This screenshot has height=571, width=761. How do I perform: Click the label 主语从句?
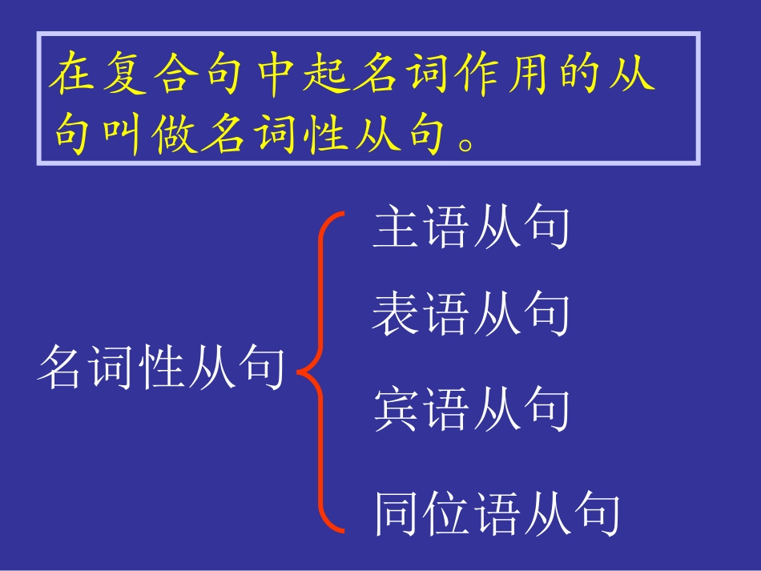pos(471,229)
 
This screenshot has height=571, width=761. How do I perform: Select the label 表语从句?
pos(471,314)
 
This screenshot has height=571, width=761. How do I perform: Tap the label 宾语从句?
pos(471,410)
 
